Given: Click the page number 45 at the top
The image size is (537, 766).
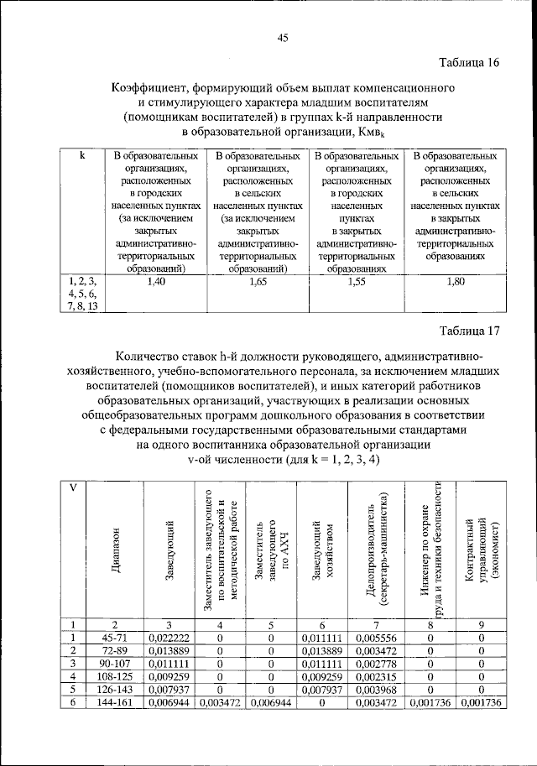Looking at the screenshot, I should pos(283,37).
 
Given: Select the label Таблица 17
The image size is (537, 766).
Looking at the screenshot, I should pos(471,331).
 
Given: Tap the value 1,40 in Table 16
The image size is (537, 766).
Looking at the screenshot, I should pos(157,283).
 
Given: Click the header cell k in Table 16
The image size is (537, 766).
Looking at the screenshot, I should pos(81,156).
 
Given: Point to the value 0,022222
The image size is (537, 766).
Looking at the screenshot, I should pos(170,638).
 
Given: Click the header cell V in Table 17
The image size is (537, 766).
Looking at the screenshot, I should pos(73,490).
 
